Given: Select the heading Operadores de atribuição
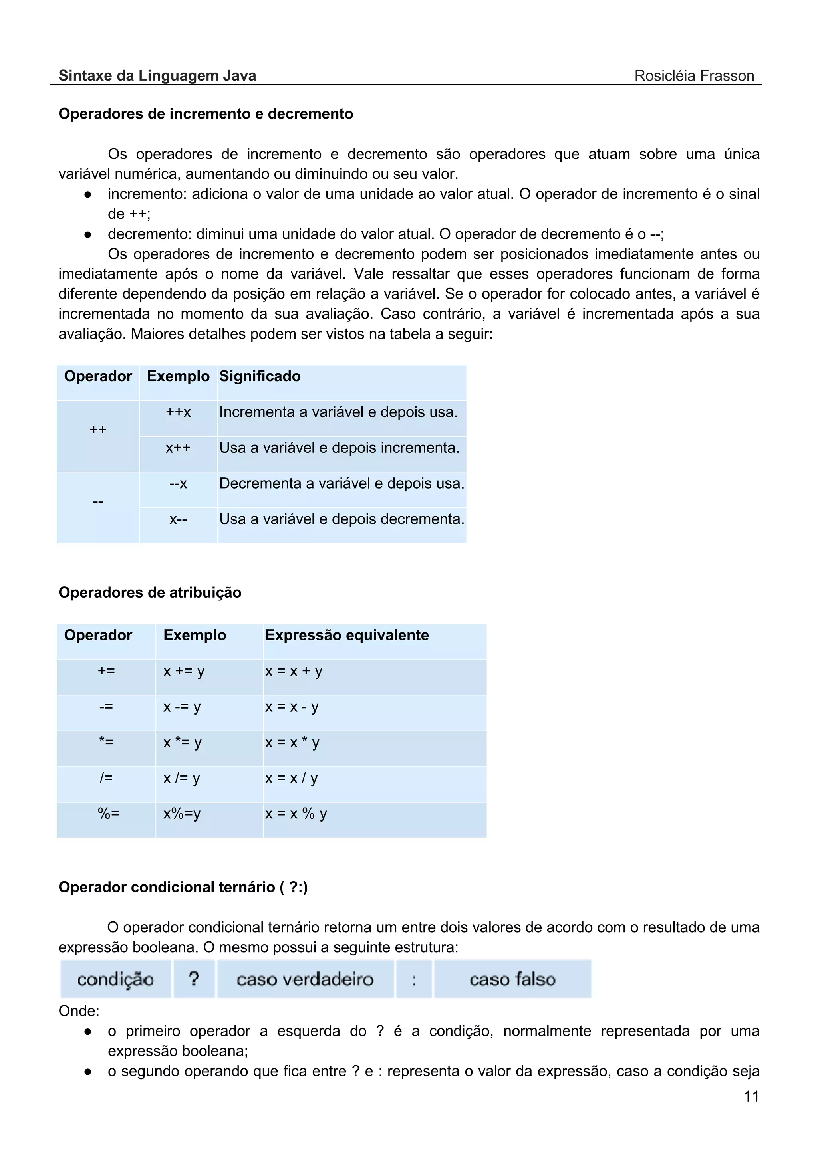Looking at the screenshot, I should point(150,592).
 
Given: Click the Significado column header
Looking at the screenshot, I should point(260,376).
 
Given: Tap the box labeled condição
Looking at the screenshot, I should point(115,979).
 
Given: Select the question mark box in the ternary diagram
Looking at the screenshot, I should point(194,979).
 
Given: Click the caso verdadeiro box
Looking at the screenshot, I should point(305,979).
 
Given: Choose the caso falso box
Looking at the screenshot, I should point(512,979).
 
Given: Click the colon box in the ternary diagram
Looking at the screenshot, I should point(414,979).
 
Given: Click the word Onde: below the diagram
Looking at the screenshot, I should point(79,1011).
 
